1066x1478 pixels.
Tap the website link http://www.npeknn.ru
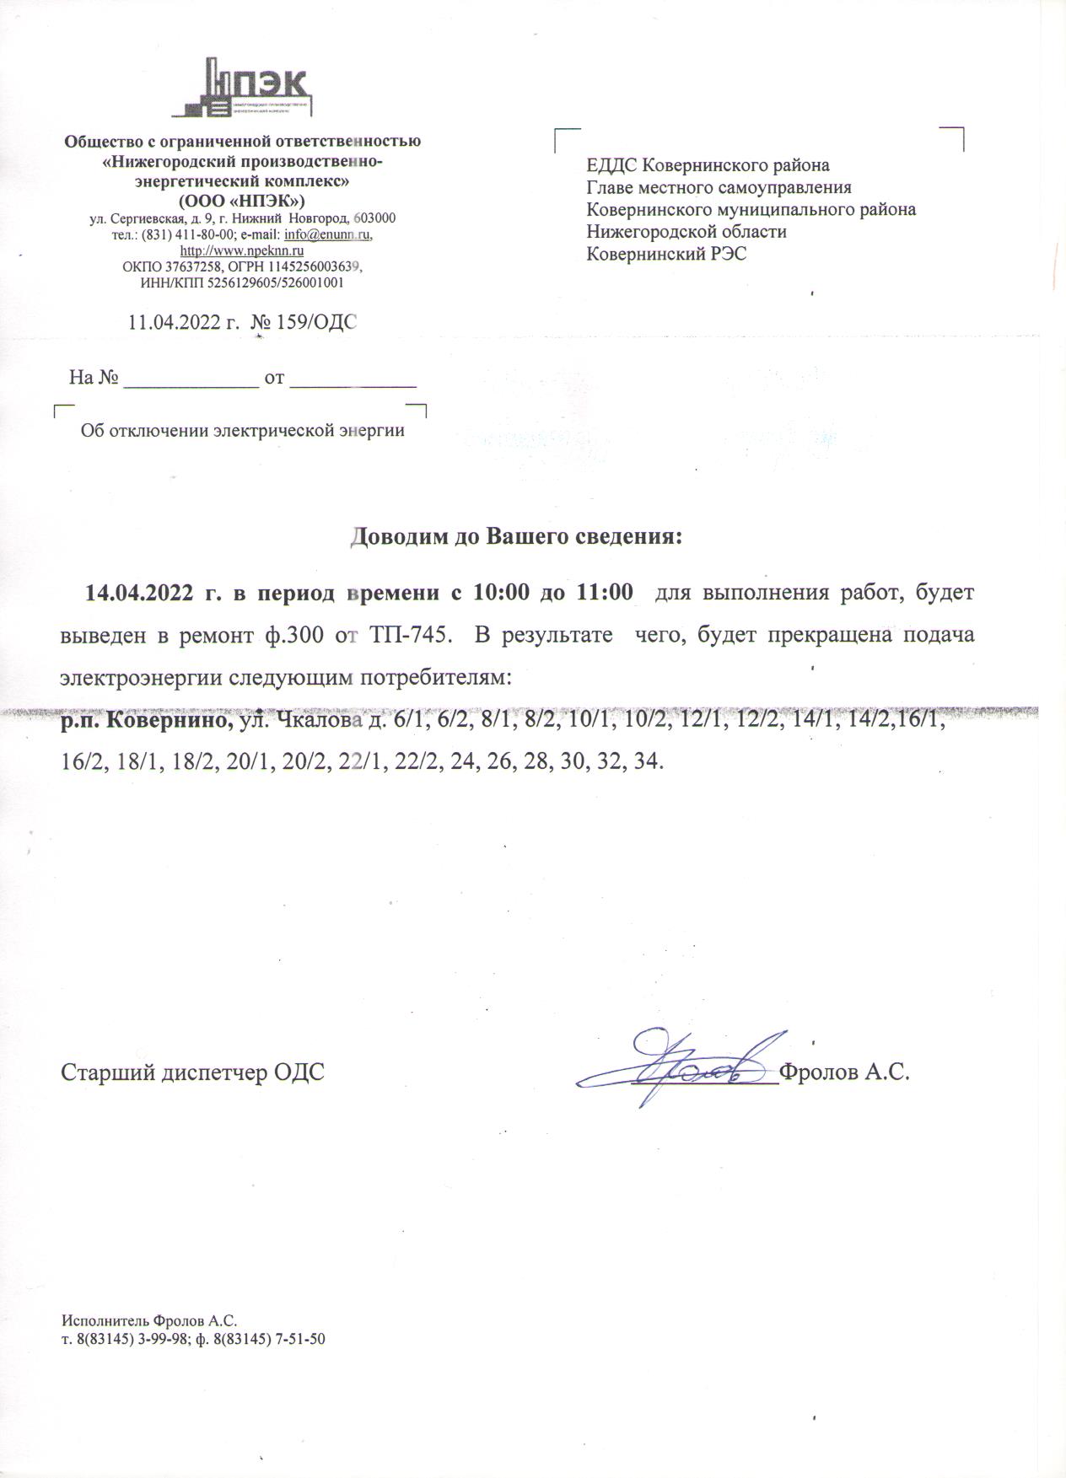click(x=242, y=250)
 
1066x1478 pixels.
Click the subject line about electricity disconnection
click(x=242, y=431)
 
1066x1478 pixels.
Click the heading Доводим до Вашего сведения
click(x=515, y=537)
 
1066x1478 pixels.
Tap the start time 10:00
click(x=501, y=593)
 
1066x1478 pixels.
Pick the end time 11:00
click(x=604, y=593)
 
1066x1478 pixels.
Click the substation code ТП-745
click(x=407, y=635)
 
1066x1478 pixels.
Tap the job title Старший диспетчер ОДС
click(x=192, y=1072)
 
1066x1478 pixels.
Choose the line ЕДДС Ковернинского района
click(x=708, y=165)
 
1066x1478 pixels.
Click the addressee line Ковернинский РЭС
click(x=666, y=254)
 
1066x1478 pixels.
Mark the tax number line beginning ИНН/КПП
click(x=241, y=283)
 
